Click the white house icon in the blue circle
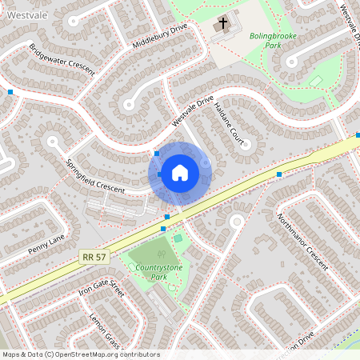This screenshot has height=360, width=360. [x=180, y=172]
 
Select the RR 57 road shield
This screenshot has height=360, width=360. [x=94, y=257]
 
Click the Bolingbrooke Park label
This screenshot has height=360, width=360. [x=272, y=41]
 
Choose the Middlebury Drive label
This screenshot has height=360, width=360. [x=160, y=36]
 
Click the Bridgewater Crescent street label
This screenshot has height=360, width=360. [x=62, y=60]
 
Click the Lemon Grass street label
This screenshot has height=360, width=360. [x=105, y=330]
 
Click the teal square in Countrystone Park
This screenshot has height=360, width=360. [x=178, y=237]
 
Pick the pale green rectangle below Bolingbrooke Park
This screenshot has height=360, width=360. [x=316, y=81]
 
